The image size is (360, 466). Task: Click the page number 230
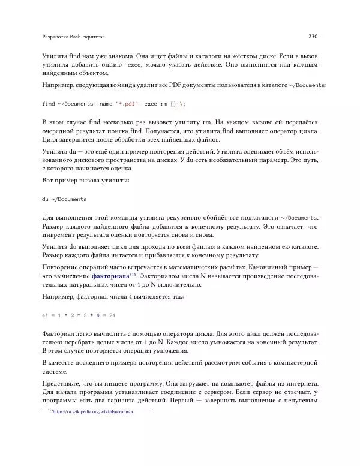pos(312,37)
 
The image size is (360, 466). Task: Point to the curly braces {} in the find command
pos(173,104)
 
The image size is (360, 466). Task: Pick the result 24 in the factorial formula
pos(112,314)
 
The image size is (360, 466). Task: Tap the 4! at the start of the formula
pos(46,314)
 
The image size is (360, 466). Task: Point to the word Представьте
pos(64,383)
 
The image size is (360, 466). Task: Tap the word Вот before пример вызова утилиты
pos(49,180)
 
